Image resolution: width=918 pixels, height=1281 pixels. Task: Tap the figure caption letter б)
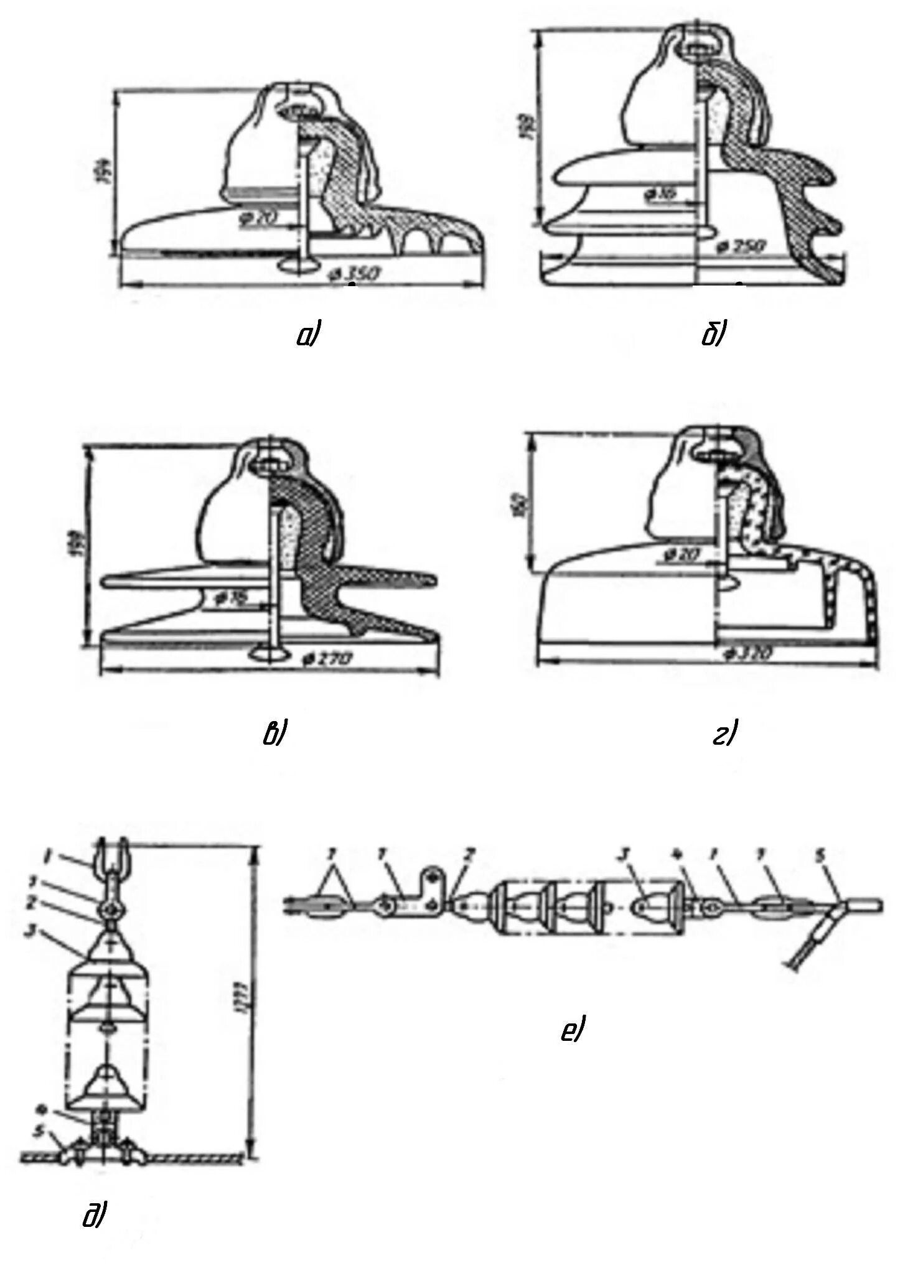(x=713, y=336)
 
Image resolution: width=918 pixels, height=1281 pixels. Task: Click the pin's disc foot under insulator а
(x=299, y=265)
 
